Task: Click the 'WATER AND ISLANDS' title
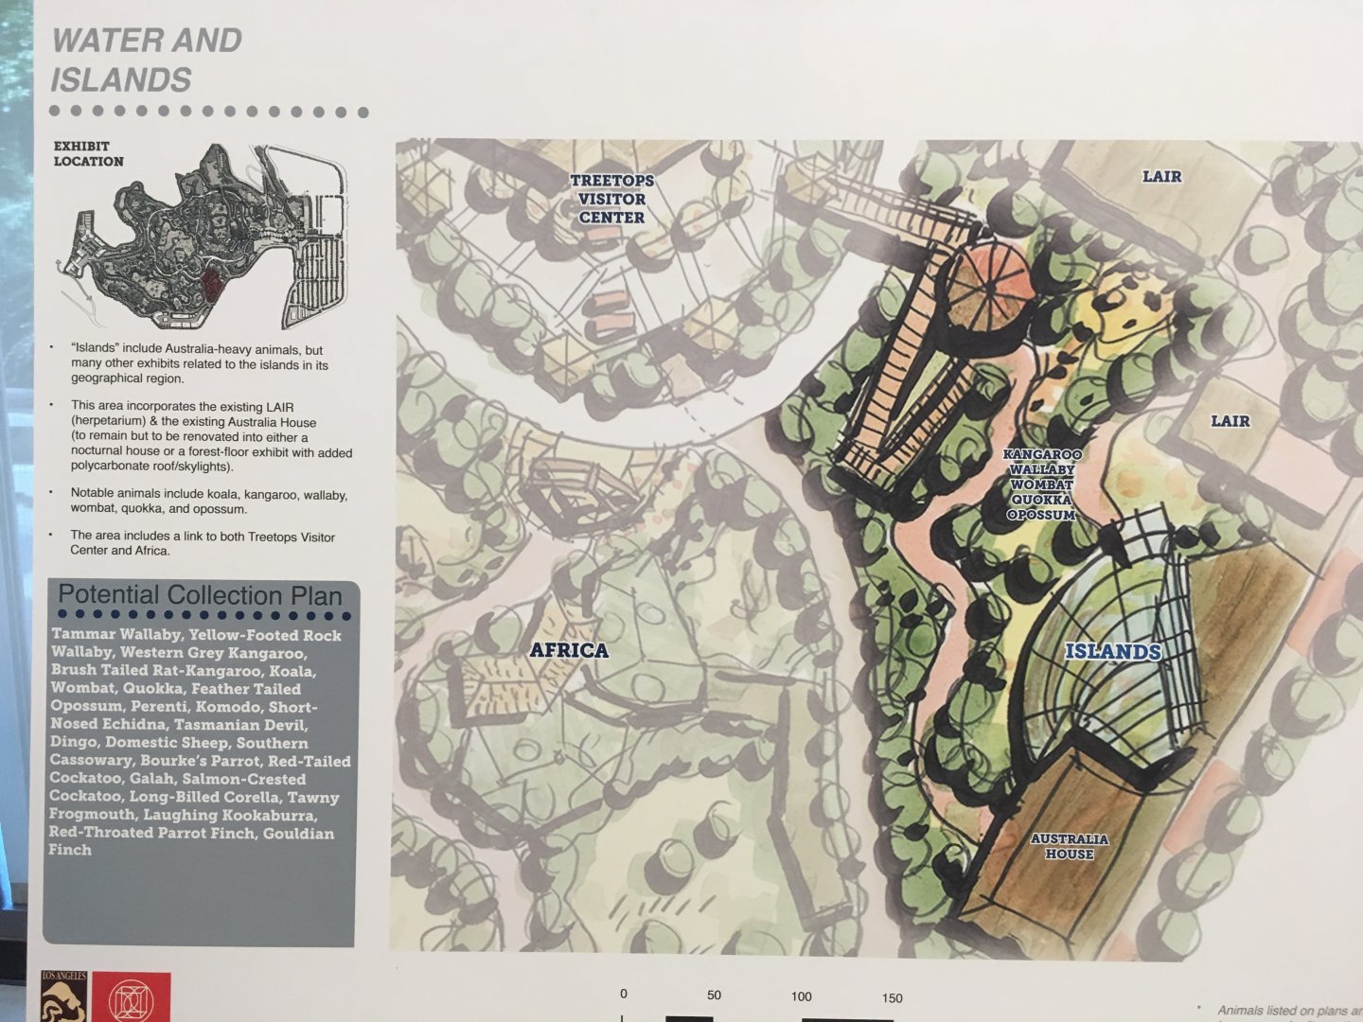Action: pos(146,60)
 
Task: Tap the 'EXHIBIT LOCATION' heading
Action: pos(88,153)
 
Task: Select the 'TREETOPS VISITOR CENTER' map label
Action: pos(611,199)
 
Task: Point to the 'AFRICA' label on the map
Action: pos(568,650)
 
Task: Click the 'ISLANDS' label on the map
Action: pos(1112,651)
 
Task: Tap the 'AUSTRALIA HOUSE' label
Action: pos(1069,846)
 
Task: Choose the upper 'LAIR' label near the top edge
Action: pos(1161,176)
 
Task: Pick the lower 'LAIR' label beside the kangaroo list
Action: pos(1230,421)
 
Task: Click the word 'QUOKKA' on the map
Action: pos(1041,500)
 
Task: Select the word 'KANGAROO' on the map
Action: pos(1042,454)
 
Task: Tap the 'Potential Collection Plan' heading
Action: pos(200,595)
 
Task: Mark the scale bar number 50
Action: pos(714,996)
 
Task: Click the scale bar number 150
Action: pos(892,997)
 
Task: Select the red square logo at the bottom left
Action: pos(132,996)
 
